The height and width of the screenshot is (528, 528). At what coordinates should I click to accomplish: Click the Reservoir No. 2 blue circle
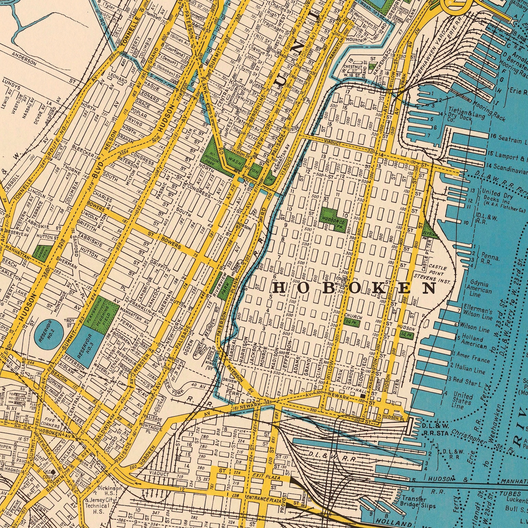pyautogui.click(x=49, y=333)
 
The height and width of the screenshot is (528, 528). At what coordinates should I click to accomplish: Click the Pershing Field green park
pyautogui.click(x=104, y=312)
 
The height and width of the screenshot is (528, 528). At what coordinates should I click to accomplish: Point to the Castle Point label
pyautogui.click(x=437, y=270)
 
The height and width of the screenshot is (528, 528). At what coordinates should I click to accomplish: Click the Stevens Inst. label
pyautogui.click(x=432, y=279)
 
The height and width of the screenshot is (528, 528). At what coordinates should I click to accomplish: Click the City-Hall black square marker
pyautogui.click(x=363, y=396)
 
